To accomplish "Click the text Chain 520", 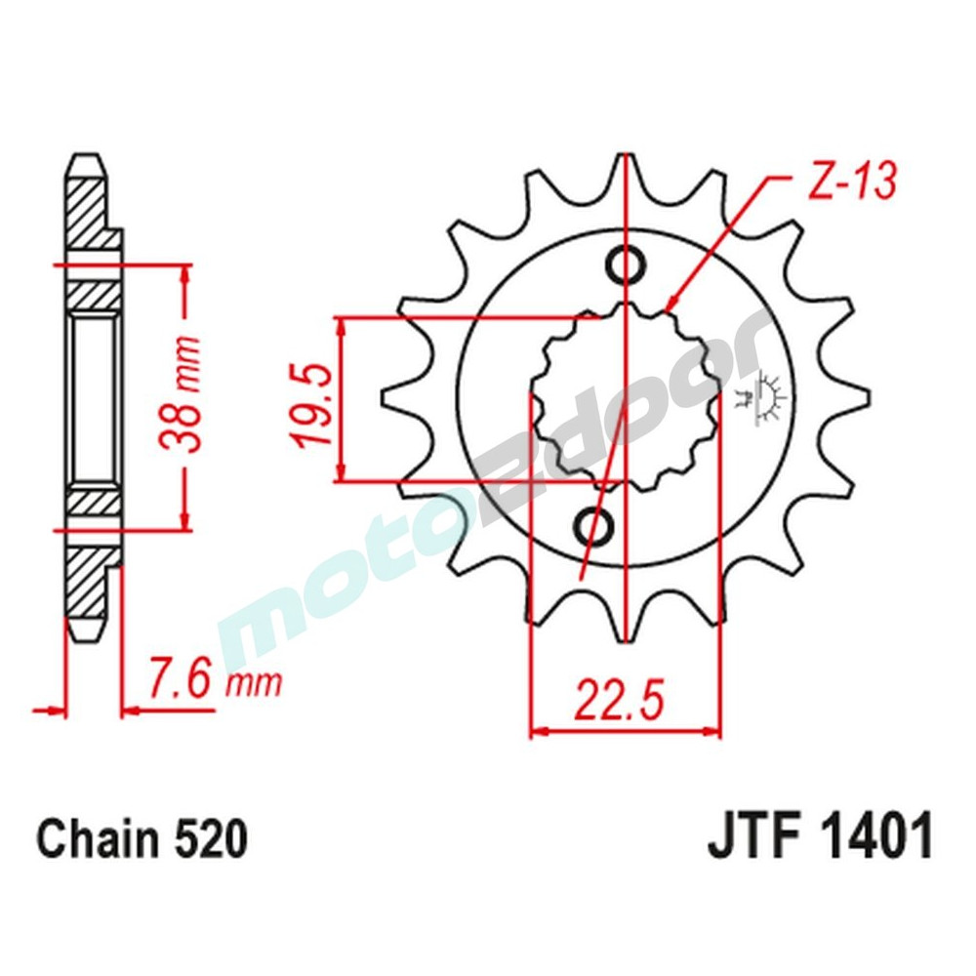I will pos(142,840).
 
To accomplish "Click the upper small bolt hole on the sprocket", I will pos(624,264).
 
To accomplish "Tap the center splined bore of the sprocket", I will pos(625,400).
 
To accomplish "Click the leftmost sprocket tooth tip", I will pos(386,400).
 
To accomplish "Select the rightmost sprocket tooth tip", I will pos(863,400).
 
